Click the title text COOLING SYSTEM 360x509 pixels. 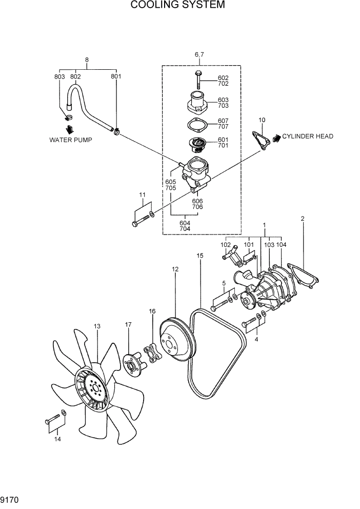click(x=177, y=5)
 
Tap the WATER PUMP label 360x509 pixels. click(x=71, y=140)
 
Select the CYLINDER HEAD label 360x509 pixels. click(x=308, y=136)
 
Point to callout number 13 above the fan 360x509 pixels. click(x=97, y=326)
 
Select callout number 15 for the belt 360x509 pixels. click(x=199, y=256)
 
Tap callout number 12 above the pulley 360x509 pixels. click(x=175, y=269)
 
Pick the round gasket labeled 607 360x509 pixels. click(x=196, y=126)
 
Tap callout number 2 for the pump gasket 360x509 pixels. click(x=303, y=219)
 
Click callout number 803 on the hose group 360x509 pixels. click(x=59, y=77)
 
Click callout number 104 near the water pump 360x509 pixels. click(x=281, y=245)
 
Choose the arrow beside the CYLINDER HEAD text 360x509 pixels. click(x=276, y=137)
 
